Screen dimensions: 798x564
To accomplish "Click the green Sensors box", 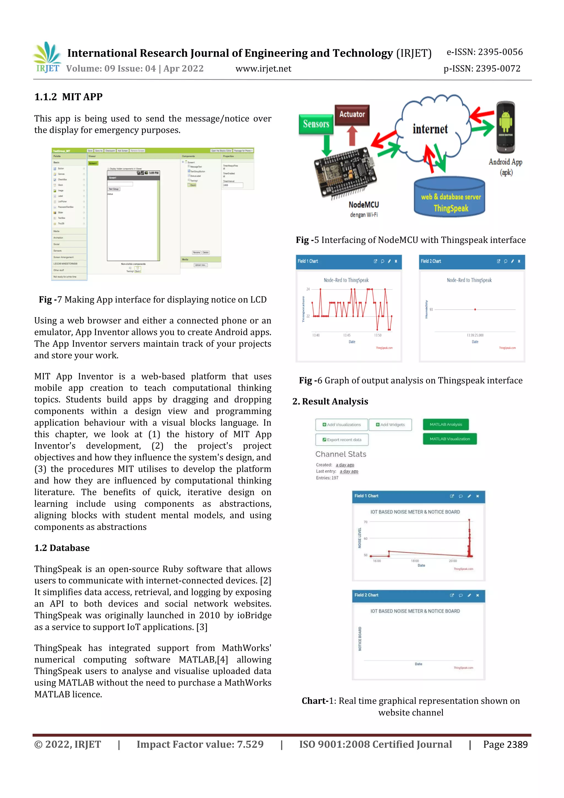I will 316,124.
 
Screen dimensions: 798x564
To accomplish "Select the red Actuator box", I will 352,115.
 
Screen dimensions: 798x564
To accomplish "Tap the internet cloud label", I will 430,129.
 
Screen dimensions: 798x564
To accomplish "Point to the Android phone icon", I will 505,127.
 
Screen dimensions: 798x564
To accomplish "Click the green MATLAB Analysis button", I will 446,424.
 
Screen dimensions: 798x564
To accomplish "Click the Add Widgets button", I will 390,425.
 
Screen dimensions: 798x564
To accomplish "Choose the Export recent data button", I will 341,440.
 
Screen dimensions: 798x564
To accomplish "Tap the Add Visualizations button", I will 341,425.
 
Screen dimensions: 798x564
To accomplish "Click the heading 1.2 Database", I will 62,548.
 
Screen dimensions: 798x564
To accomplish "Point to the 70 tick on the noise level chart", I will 365,522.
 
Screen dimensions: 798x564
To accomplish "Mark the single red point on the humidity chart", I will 475,309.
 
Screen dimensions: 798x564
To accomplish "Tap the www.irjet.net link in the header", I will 263,69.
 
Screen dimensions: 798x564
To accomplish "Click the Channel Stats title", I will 341,454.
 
